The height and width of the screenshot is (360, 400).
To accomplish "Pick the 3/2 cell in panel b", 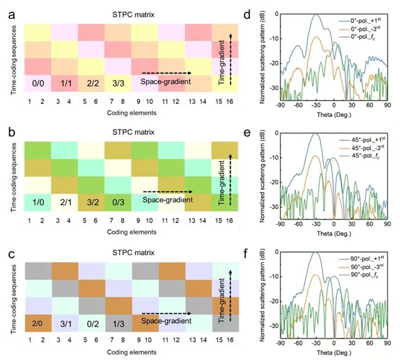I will point(89,202).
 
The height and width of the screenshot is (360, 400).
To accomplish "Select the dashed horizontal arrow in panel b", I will point(167,192).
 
